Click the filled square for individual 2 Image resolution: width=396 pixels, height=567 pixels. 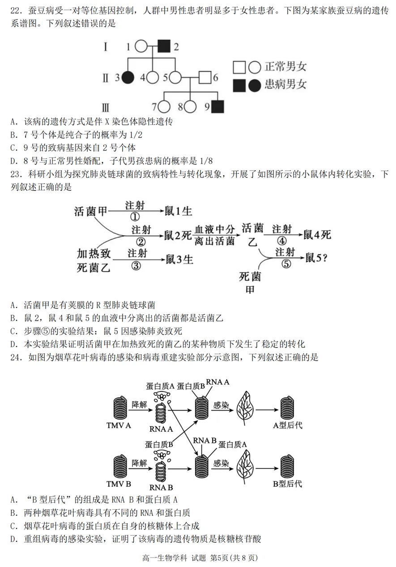tap(164, 46)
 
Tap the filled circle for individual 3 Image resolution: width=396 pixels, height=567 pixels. tap(128, 77)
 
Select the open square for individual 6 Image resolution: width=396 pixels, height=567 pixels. tap(205, 77)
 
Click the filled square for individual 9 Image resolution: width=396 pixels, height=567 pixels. tap(217, 107)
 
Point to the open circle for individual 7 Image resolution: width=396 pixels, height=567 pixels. tap(164, 107)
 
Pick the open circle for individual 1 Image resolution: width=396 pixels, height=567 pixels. tap(141, 46)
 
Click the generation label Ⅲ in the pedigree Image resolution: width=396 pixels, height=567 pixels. tap(106, 107)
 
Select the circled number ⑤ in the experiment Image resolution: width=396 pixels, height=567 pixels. tap(286, 264)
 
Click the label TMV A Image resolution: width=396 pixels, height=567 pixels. tap(119, 425)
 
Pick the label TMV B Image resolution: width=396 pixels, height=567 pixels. tap(119, 484)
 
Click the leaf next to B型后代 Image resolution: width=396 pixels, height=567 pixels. tap(247, 464)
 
